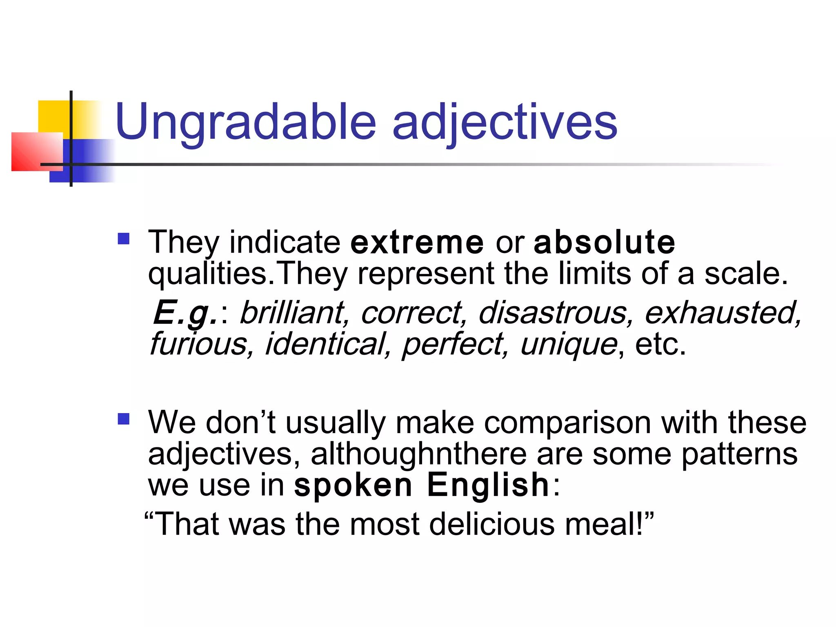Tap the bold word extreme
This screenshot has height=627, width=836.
pyautogui.click(x=417, y=242)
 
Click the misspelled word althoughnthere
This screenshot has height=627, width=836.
pyautogui.click(x=418, y=454)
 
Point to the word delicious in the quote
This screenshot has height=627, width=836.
pyautogui.click(x=492, y=524)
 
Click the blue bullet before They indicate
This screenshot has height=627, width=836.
pyautogui.click(x=123, y=238)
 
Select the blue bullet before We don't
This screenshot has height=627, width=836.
pyautogui.click(x=123, y=419)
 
